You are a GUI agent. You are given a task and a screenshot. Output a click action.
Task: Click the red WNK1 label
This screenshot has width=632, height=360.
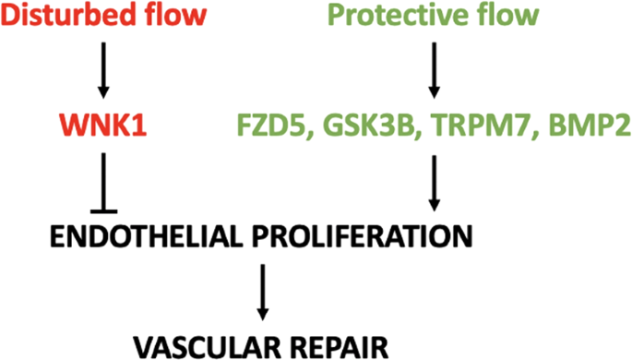(101, 124)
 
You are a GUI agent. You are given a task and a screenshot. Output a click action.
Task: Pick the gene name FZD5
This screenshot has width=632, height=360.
(263, 124)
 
